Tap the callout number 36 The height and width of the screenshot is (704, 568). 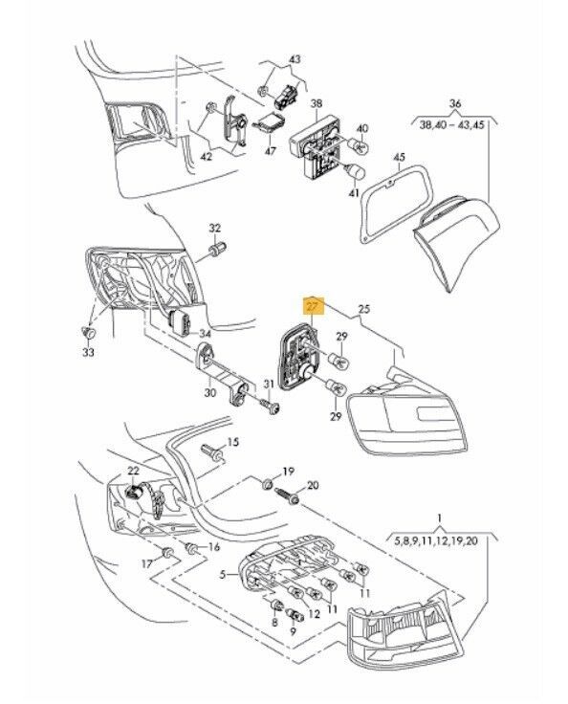coord(455,103)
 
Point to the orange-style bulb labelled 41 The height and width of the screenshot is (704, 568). coord(355,172)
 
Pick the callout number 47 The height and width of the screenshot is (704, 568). coord(271,151)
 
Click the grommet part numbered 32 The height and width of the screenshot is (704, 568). coord(219,249)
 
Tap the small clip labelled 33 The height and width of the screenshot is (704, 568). coord(89,332)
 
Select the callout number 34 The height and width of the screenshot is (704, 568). coord(205,334)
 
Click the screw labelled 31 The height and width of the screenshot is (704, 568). coord(272,407)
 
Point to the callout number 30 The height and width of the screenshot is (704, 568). coord(209,393)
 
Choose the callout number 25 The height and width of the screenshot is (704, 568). coord(364,309)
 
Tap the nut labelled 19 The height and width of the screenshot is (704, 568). coord(268,484)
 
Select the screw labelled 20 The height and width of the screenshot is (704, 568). coord(288,495)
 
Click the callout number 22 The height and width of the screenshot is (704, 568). coord(133,471)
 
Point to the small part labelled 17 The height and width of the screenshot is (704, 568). coord(168,552)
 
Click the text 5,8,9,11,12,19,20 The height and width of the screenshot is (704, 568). coord(435,541)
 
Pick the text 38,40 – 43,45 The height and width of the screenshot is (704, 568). coord(451,124)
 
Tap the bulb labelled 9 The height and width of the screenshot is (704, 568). coord(295,615)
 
